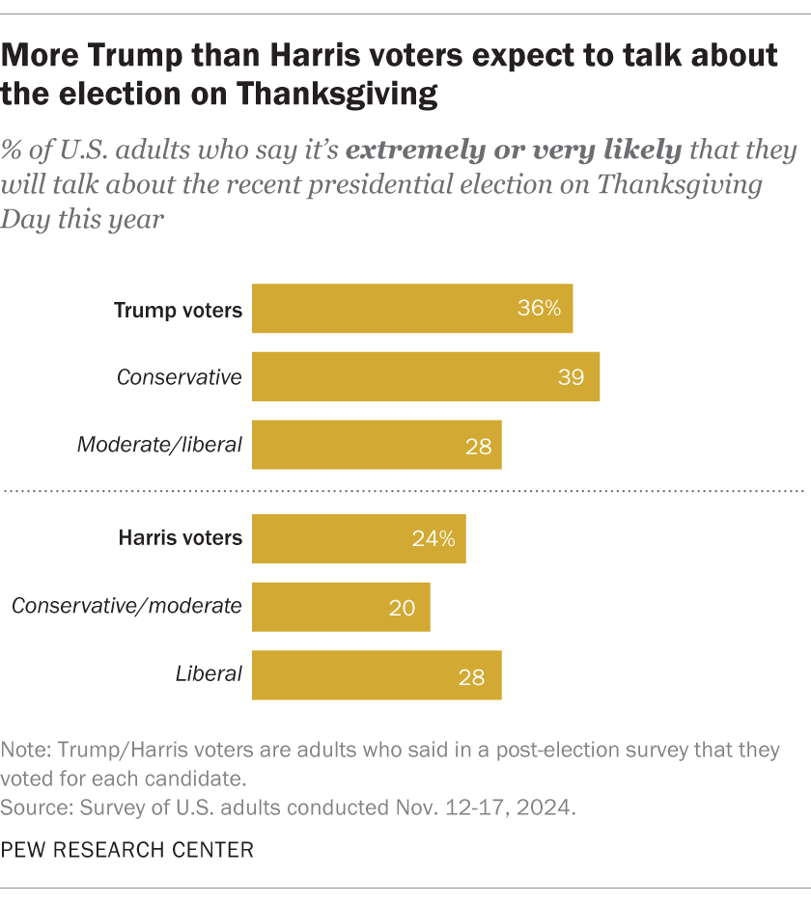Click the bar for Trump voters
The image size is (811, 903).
tap(412, 309)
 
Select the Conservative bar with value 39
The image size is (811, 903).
tap(426, 376)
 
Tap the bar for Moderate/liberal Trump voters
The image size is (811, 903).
tap(377, 445)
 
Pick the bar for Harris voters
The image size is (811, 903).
tap(358, 538)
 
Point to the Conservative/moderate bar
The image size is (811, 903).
tap(341, 606)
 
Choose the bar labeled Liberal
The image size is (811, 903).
tap(377, 674)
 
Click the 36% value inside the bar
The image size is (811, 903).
tap(539, 309)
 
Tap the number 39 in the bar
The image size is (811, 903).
tap(571, 377)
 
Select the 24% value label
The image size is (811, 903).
tap(433, 538)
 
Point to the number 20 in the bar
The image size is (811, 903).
tap(402, 607)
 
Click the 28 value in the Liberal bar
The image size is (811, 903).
tap(472, 675)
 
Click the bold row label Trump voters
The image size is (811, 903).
tap(178, 310)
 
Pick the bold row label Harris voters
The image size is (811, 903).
tap(180, 538)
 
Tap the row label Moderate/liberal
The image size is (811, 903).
tap(159, 445)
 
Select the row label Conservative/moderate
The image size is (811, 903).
tap(126, 606)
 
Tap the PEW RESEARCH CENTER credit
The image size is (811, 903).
tap(128, 850)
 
